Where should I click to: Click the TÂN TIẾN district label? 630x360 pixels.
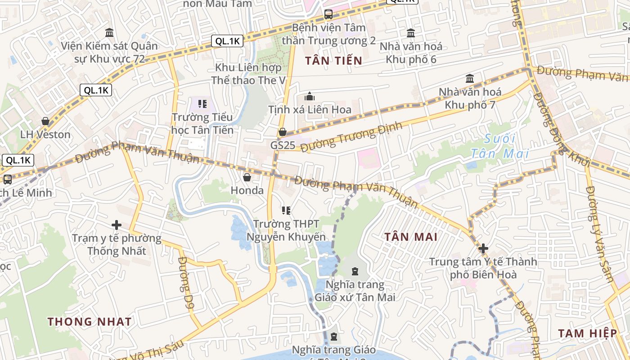point(333,60)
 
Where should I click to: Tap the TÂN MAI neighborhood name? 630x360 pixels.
point(411,237)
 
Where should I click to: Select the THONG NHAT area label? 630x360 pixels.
point(90,322)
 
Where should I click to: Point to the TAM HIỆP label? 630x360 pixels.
point(588,333)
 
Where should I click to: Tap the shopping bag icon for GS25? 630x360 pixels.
point(283,132)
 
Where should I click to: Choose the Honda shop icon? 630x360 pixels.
point(247,177)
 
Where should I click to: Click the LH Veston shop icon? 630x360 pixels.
point(45,121)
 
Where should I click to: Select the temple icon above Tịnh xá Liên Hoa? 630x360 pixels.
point(310,96)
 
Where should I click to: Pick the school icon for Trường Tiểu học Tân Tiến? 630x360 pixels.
point(202,104)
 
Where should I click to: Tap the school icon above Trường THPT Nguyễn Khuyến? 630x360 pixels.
point(286,210)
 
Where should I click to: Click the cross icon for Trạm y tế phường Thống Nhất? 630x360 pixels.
point(117,225)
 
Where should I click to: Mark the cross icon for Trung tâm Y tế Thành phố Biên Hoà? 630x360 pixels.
point(483,248)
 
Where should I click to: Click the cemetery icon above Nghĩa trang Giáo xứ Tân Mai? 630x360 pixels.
point(355,271)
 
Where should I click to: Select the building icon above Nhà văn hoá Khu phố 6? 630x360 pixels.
point(411,33)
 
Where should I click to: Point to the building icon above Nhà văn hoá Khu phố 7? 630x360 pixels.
point(470,78)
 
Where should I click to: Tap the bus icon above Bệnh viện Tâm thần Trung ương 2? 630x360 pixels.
point(328,14)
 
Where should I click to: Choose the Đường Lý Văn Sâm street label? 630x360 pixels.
point(599,234)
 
